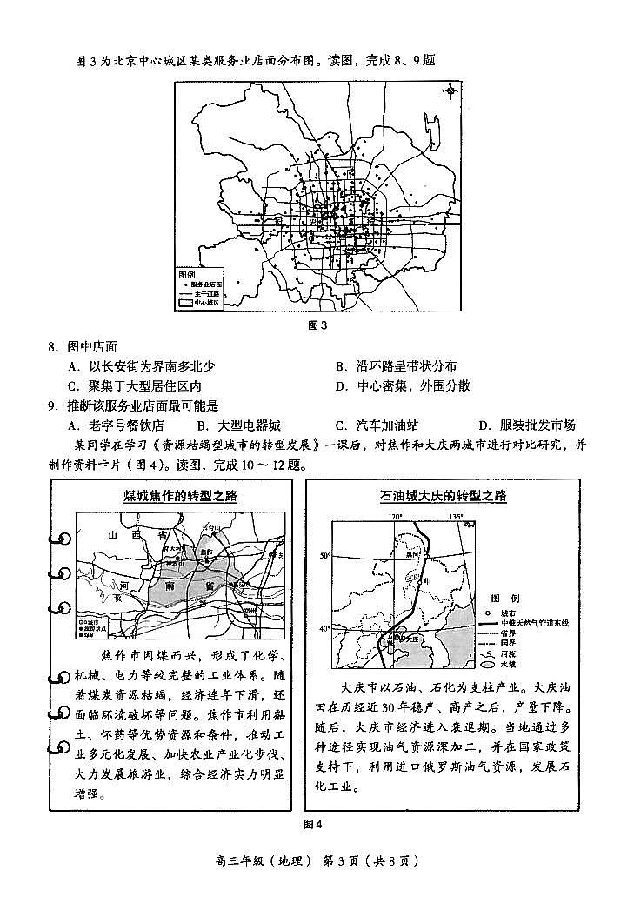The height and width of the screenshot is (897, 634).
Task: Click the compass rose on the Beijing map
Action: [x=450, y=91]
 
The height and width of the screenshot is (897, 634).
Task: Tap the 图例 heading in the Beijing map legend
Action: [x=187, y=273]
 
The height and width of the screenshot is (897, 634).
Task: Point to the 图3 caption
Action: [x=317, y=326]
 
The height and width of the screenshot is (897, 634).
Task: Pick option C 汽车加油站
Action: [x=376, y=425]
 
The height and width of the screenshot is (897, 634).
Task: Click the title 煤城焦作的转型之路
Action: [x=181, y=497]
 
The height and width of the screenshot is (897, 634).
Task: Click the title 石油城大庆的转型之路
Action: [x=443, y=496]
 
